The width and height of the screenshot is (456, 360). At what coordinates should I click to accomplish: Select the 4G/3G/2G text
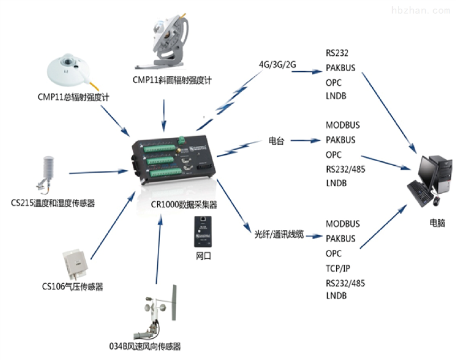coord(278,64)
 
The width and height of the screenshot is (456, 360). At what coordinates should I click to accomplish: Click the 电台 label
coord(275,141)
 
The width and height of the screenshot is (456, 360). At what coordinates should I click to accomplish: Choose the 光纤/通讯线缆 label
coord(279,235)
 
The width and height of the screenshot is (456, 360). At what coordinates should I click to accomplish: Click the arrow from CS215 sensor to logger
coord(97,171)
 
